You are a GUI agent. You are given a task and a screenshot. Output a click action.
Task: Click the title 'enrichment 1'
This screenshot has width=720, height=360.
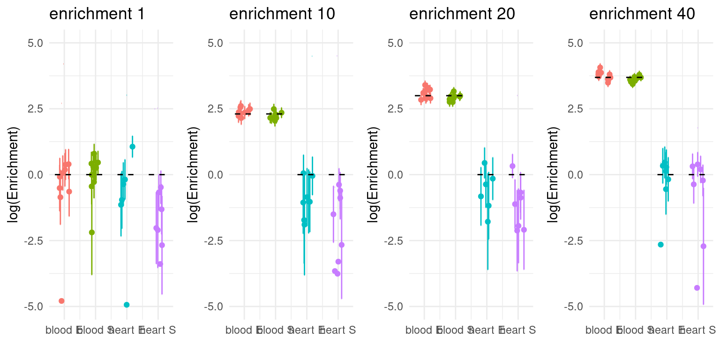click(97, 14)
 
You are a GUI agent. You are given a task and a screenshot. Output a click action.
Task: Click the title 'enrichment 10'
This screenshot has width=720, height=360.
click(282, 14)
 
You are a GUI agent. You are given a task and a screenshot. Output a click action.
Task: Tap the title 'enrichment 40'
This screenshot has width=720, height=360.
click(642, 14)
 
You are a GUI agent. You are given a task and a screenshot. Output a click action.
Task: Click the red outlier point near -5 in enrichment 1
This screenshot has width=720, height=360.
click(61, 301)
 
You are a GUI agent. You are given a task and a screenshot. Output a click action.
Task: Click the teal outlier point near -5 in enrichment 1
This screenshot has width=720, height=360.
click(127, 305)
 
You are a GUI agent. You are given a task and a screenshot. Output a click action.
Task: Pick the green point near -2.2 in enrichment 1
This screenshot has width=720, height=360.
click(92, 232)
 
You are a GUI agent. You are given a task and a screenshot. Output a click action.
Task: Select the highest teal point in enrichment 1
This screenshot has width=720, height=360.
click(132, 147)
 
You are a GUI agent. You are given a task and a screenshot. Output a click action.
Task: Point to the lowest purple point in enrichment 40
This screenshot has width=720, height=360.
click(697, 288)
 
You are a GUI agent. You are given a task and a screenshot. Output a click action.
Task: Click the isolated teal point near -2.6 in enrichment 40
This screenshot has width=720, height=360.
click(660, 245)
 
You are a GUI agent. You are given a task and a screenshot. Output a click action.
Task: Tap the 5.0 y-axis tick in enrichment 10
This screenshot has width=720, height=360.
click(214, 43)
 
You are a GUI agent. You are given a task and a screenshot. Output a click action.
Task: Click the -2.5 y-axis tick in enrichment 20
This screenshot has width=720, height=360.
click(392, 240)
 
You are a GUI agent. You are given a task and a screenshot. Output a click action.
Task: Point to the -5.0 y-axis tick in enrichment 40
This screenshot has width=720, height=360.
click(572, 306)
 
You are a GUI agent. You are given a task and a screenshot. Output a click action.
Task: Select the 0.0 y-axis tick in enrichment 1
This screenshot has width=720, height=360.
click(34, 174)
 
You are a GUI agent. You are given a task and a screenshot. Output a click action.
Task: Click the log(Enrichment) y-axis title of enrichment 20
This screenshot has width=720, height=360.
click(373, 174)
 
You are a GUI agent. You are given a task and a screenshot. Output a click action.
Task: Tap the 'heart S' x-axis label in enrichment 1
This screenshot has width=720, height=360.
click(158, 330)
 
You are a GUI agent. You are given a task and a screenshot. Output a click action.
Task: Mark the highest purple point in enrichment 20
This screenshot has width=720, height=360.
click(512, 166)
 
